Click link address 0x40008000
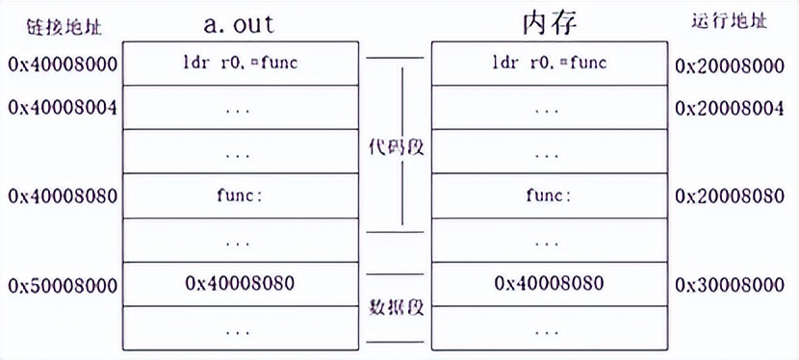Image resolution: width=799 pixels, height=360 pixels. coord(63,64)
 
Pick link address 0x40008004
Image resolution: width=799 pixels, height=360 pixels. coord(63,108)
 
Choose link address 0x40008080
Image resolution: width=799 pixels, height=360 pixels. coord(63,196)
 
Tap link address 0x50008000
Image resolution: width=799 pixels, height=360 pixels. coord(63,285)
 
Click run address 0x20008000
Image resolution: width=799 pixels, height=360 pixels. coord(730,64)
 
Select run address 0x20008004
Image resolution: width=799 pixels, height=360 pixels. coord(730,108)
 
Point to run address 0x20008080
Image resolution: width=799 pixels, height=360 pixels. coord(730,196)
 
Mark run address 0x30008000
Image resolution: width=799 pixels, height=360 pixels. coord(730,285)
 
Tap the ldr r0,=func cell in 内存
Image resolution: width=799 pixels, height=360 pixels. coord(549,64)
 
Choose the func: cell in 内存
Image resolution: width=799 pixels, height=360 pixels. coord(549,195)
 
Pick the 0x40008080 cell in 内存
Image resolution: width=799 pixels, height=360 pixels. coord(549,284)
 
